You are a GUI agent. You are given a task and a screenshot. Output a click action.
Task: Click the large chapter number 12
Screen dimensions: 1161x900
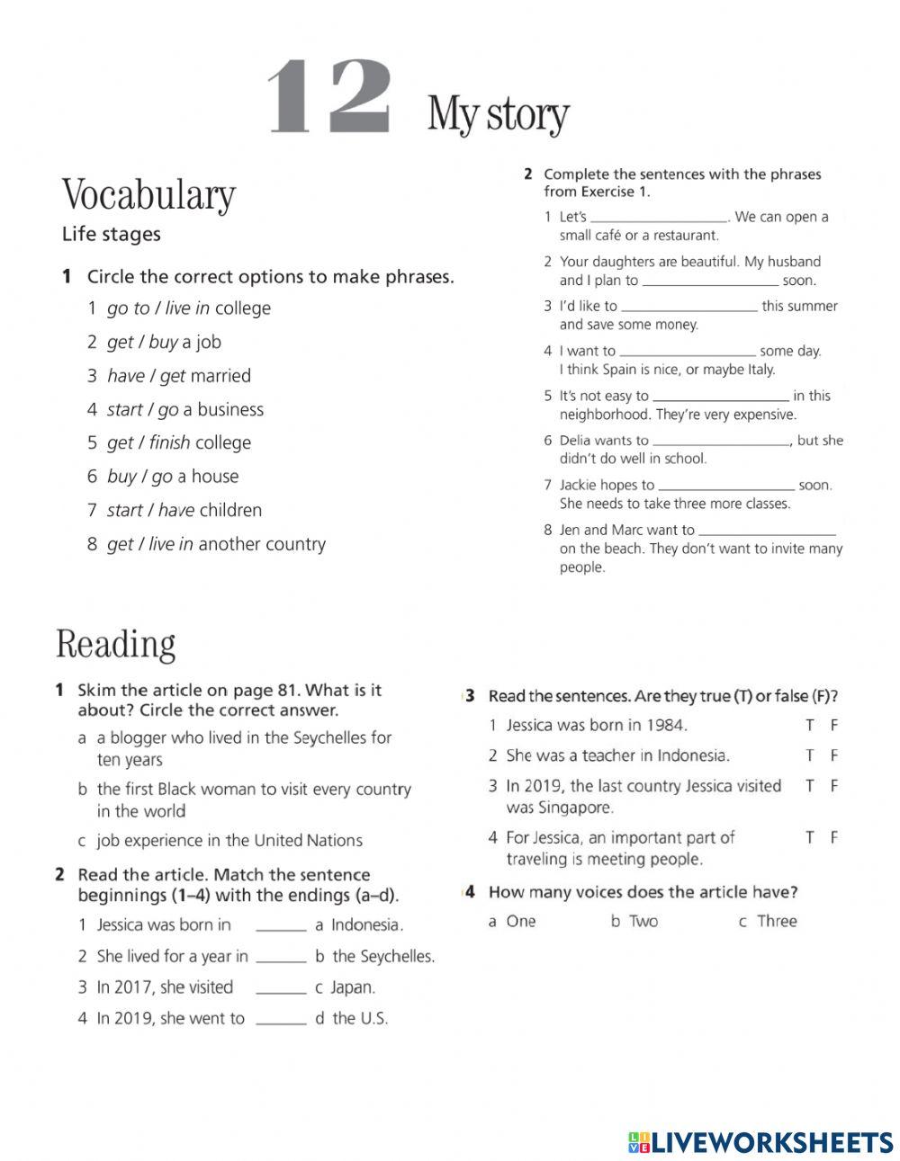pyautogui.click(x=329, y=100)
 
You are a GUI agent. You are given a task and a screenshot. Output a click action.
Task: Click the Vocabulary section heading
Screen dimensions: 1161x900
pyautogui.click(x=148, y=195)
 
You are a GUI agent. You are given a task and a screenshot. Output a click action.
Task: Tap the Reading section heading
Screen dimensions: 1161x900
pyautogui.click(x=115, y=645)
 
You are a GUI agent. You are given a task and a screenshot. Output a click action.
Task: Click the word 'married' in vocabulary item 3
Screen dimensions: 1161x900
pyautogui.click(x=220, y=376)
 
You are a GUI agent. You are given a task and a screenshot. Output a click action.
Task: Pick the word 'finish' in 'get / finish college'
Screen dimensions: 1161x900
pyautogui.click(x=169, y=442)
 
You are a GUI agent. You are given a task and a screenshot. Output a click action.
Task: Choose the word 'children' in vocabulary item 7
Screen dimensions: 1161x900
pyautogui.click(x=230, y=510)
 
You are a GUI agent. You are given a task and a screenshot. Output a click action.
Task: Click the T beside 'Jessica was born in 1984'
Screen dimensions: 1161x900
pyautogui.click(x=809, y=725)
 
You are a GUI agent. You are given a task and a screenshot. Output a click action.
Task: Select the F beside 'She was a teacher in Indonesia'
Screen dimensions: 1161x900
pyautogui.click(x=834, y=755)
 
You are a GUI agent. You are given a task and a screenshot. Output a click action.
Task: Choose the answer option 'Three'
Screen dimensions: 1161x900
pyautogui.click(x=777, y=921)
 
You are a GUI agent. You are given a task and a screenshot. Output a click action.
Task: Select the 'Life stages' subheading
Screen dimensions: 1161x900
pyautogui.click(x=111, y=235)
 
